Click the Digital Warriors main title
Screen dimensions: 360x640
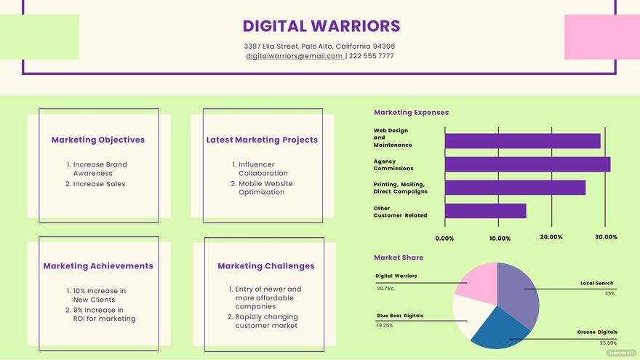pyautogui.click(x=321, y=26)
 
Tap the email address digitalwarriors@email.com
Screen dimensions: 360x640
pyautogui.click(x=295, y=56)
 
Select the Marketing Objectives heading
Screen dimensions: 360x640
pyautogui.click(x=98, y=140)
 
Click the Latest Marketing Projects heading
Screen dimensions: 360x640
pyautogui.click(x=262, y=140)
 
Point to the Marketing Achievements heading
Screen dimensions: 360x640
pyautogui.click(x=98, y=266)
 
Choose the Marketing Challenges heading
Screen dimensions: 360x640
pyautogui.click(x=265, y=266)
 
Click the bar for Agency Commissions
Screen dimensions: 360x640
pyautogui.click(x=527, y=164)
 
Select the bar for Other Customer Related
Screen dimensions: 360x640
pyautogui.click(x=485, y=211)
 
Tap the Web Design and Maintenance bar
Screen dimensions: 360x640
pyautogui.click(x=522, y=141)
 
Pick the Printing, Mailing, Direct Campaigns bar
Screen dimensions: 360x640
pyautogui.click(x=515, y=188)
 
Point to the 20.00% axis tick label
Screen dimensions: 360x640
pyautogui.click(x=551, y=237)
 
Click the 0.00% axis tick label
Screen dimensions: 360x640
pyautogui.click(x=444, y=238)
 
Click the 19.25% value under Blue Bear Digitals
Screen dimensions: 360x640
pyautogui.click(x=385, y=326)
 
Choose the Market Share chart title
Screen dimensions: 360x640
pyautogui.click(x=399, y=257)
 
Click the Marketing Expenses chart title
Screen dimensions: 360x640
pyautogui.click(x=411, y=113)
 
